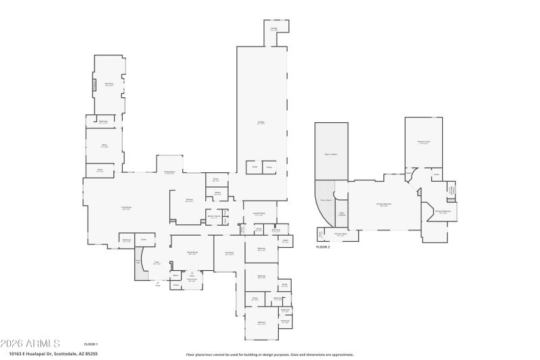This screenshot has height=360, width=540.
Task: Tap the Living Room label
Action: (126, 208)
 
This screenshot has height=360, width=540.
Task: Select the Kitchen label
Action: (190, 201)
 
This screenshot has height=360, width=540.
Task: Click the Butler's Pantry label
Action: (214, 216)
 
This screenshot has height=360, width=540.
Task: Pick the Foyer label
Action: (157, 263)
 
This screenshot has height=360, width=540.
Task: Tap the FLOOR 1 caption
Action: (91, 344)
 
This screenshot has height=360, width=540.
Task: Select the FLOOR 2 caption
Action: (323, 247)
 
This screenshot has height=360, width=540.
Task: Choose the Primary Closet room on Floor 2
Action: (424, 142)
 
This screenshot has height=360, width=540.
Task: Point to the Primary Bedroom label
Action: (383, 204)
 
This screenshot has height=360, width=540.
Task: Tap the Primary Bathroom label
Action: (442, 211)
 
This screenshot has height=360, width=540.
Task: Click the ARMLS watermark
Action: (30, 344)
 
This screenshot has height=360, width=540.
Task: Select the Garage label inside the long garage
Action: (261, 122)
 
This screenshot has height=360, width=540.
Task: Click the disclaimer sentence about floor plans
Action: (269, 354)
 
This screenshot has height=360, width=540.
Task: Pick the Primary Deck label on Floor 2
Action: (340, 234)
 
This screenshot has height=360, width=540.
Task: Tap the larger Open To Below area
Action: (331, 154)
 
